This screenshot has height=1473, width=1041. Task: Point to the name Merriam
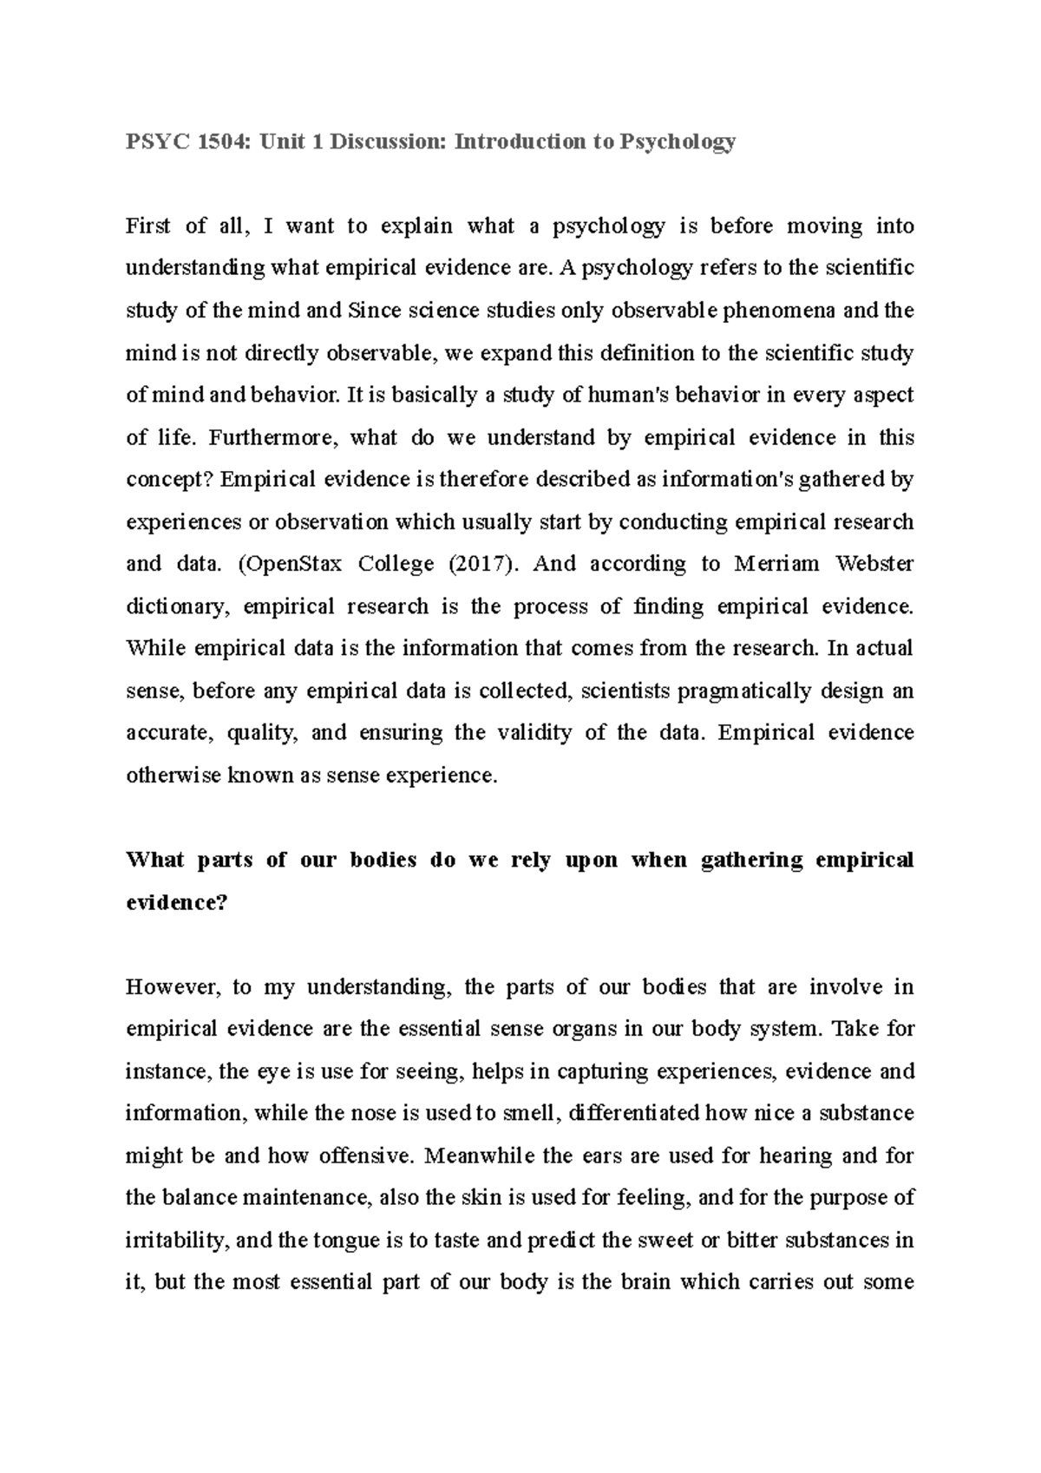[x=777, y=564]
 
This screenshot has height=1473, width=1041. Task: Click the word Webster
[x=874, y=564]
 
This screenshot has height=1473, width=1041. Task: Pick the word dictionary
[x=178, y=606]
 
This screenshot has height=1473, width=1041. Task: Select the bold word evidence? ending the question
[x=176, y=902]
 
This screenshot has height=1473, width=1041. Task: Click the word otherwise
[x=173, y=776]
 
